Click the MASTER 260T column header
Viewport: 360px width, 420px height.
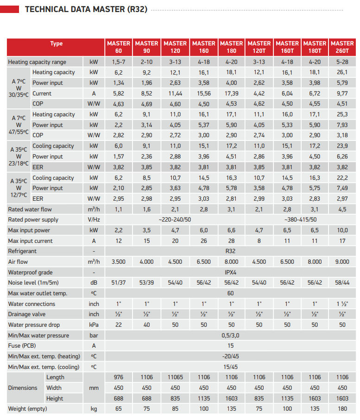click(342, 47)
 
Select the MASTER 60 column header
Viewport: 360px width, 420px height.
click(119, 47)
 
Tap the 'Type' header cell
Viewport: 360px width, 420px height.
click(56, 44)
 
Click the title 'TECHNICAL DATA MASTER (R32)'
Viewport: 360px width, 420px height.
click(86, 9)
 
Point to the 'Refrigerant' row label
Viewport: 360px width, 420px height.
click(22, 251)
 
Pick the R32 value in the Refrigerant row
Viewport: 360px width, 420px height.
click(230, 251)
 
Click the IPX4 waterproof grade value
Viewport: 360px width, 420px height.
click(230, 272)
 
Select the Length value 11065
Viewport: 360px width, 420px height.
click(175, 377)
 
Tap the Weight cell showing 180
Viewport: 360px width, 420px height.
click(342, 409)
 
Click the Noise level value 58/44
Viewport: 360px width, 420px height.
click(342, 283)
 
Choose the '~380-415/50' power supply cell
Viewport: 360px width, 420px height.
click(301, 220)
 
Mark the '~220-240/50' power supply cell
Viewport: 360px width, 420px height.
click(175, 220)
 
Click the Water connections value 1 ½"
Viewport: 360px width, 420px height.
click(342, 304)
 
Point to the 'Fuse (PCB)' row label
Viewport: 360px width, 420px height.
click(22, 346)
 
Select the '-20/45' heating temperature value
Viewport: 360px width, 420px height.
click(230, 356)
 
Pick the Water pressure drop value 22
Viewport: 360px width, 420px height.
click(119, 325)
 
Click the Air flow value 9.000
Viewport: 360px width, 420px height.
click(342, 262)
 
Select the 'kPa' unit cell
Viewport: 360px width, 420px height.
click(94, 325)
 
